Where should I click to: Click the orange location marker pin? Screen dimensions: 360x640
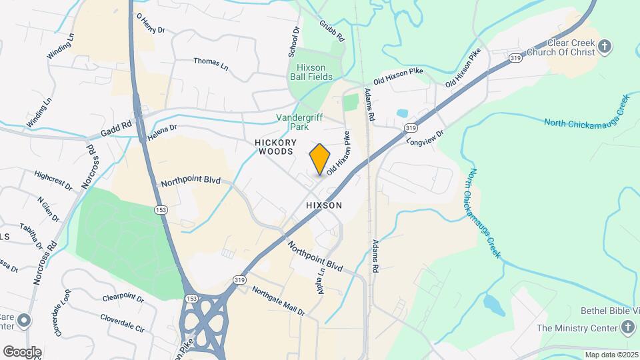tap(320, 159)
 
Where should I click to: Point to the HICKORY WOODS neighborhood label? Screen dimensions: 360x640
tap(274, 147)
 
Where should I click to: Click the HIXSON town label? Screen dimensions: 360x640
tap(324, 205)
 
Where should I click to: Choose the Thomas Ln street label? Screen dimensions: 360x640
tap(211, 62)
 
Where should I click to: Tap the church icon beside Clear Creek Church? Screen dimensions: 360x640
tap(605, 47)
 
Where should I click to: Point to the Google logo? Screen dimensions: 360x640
tap(22, 351)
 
